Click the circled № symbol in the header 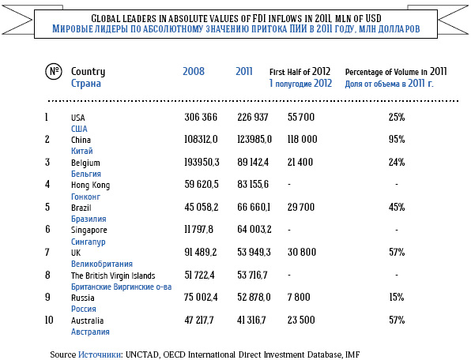[x=54, y=72]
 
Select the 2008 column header [x=194, y=71]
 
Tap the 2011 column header [x=244, y=71]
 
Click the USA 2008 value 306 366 [x=201, y=117]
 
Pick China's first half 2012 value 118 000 [x=302, y=139]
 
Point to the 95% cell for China [x=397, y=139]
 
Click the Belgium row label [x=85, y=163]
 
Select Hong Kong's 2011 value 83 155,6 [x=253, y=184]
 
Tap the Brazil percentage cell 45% [x=397, y=207]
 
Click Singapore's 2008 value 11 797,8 [x=199, y=230]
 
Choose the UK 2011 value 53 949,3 [x=254, y=252]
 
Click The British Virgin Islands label [x=113, y=276]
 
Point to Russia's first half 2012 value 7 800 [x=299, y=297]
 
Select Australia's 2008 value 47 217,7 [x=199, y=320]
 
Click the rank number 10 [x=49, y=320]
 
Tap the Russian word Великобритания [x=102, y=264]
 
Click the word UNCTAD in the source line [x=141, y=354]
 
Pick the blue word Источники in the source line [x=100, y=354]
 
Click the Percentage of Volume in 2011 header [x=396, y=72]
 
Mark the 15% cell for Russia [x=397, y=297]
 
